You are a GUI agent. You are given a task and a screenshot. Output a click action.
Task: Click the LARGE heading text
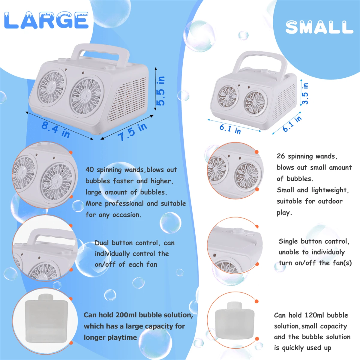(x=46, y=20)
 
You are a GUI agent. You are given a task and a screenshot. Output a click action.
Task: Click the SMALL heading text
(x=319, y=27)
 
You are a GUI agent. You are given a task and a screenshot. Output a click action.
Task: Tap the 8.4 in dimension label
(x=55, y=129)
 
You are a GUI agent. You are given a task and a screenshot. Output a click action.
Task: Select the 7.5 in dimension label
(x=132, y=132)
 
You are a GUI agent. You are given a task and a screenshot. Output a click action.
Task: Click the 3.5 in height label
(x=305, y=94)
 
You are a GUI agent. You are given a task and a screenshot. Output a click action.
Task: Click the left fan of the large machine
(x=51, y=87)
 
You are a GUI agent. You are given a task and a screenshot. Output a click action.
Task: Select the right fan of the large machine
(x=85, y=96)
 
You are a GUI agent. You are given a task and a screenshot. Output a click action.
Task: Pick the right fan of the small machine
(x=255, y=102)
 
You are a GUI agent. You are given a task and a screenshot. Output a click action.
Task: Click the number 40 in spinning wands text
(x=89, y=169)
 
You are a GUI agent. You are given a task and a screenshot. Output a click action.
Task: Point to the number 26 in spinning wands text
(x=281, y=156)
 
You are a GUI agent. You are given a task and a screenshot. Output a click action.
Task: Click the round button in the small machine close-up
(x=238, y=231)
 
